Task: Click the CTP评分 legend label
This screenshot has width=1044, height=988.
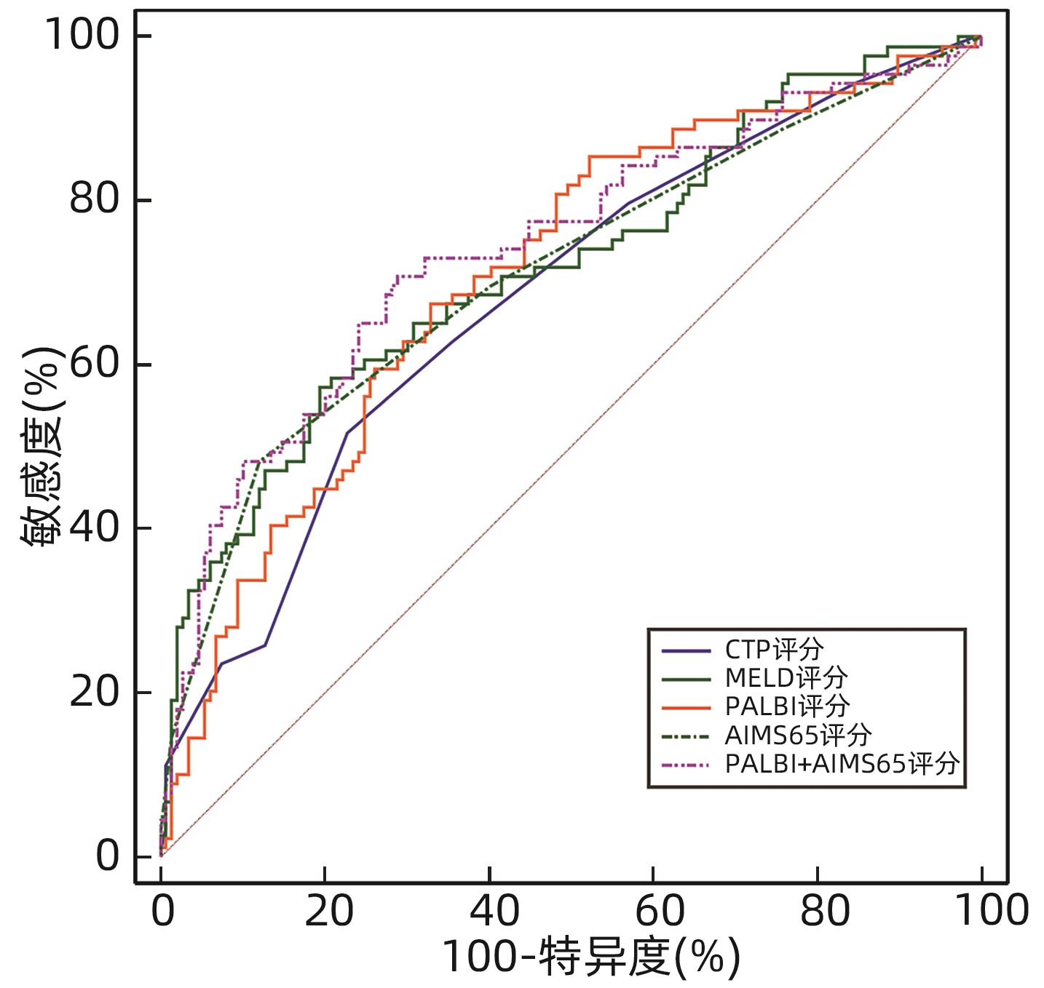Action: coord(774,649)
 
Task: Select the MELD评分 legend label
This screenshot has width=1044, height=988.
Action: coord(786,678)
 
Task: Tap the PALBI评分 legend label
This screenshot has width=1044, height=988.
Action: coord(788,706)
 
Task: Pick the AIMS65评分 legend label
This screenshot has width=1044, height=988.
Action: coord(799,736)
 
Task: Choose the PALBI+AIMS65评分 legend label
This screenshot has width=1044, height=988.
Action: coord(842,765)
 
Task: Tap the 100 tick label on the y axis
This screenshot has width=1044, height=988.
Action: coord(82,35)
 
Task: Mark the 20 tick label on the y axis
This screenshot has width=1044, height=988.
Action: coord(95,691)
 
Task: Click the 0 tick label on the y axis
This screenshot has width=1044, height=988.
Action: coord(108,856)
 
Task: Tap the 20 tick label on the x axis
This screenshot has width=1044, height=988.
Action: coord(329,911)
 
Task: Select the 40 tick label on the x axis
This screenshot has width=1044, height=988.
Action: coord(494,911)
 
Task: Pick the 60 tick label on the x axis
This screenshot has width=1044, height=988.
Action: coord(660,911)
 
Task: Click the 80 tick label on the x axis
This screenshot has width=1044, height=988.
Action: coord(824,911)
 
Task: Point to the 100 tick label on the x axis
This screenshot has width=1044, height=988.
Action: coord(990,911)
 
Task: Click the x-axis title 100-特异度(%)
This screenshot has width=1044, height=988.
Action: coord(590,957)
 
